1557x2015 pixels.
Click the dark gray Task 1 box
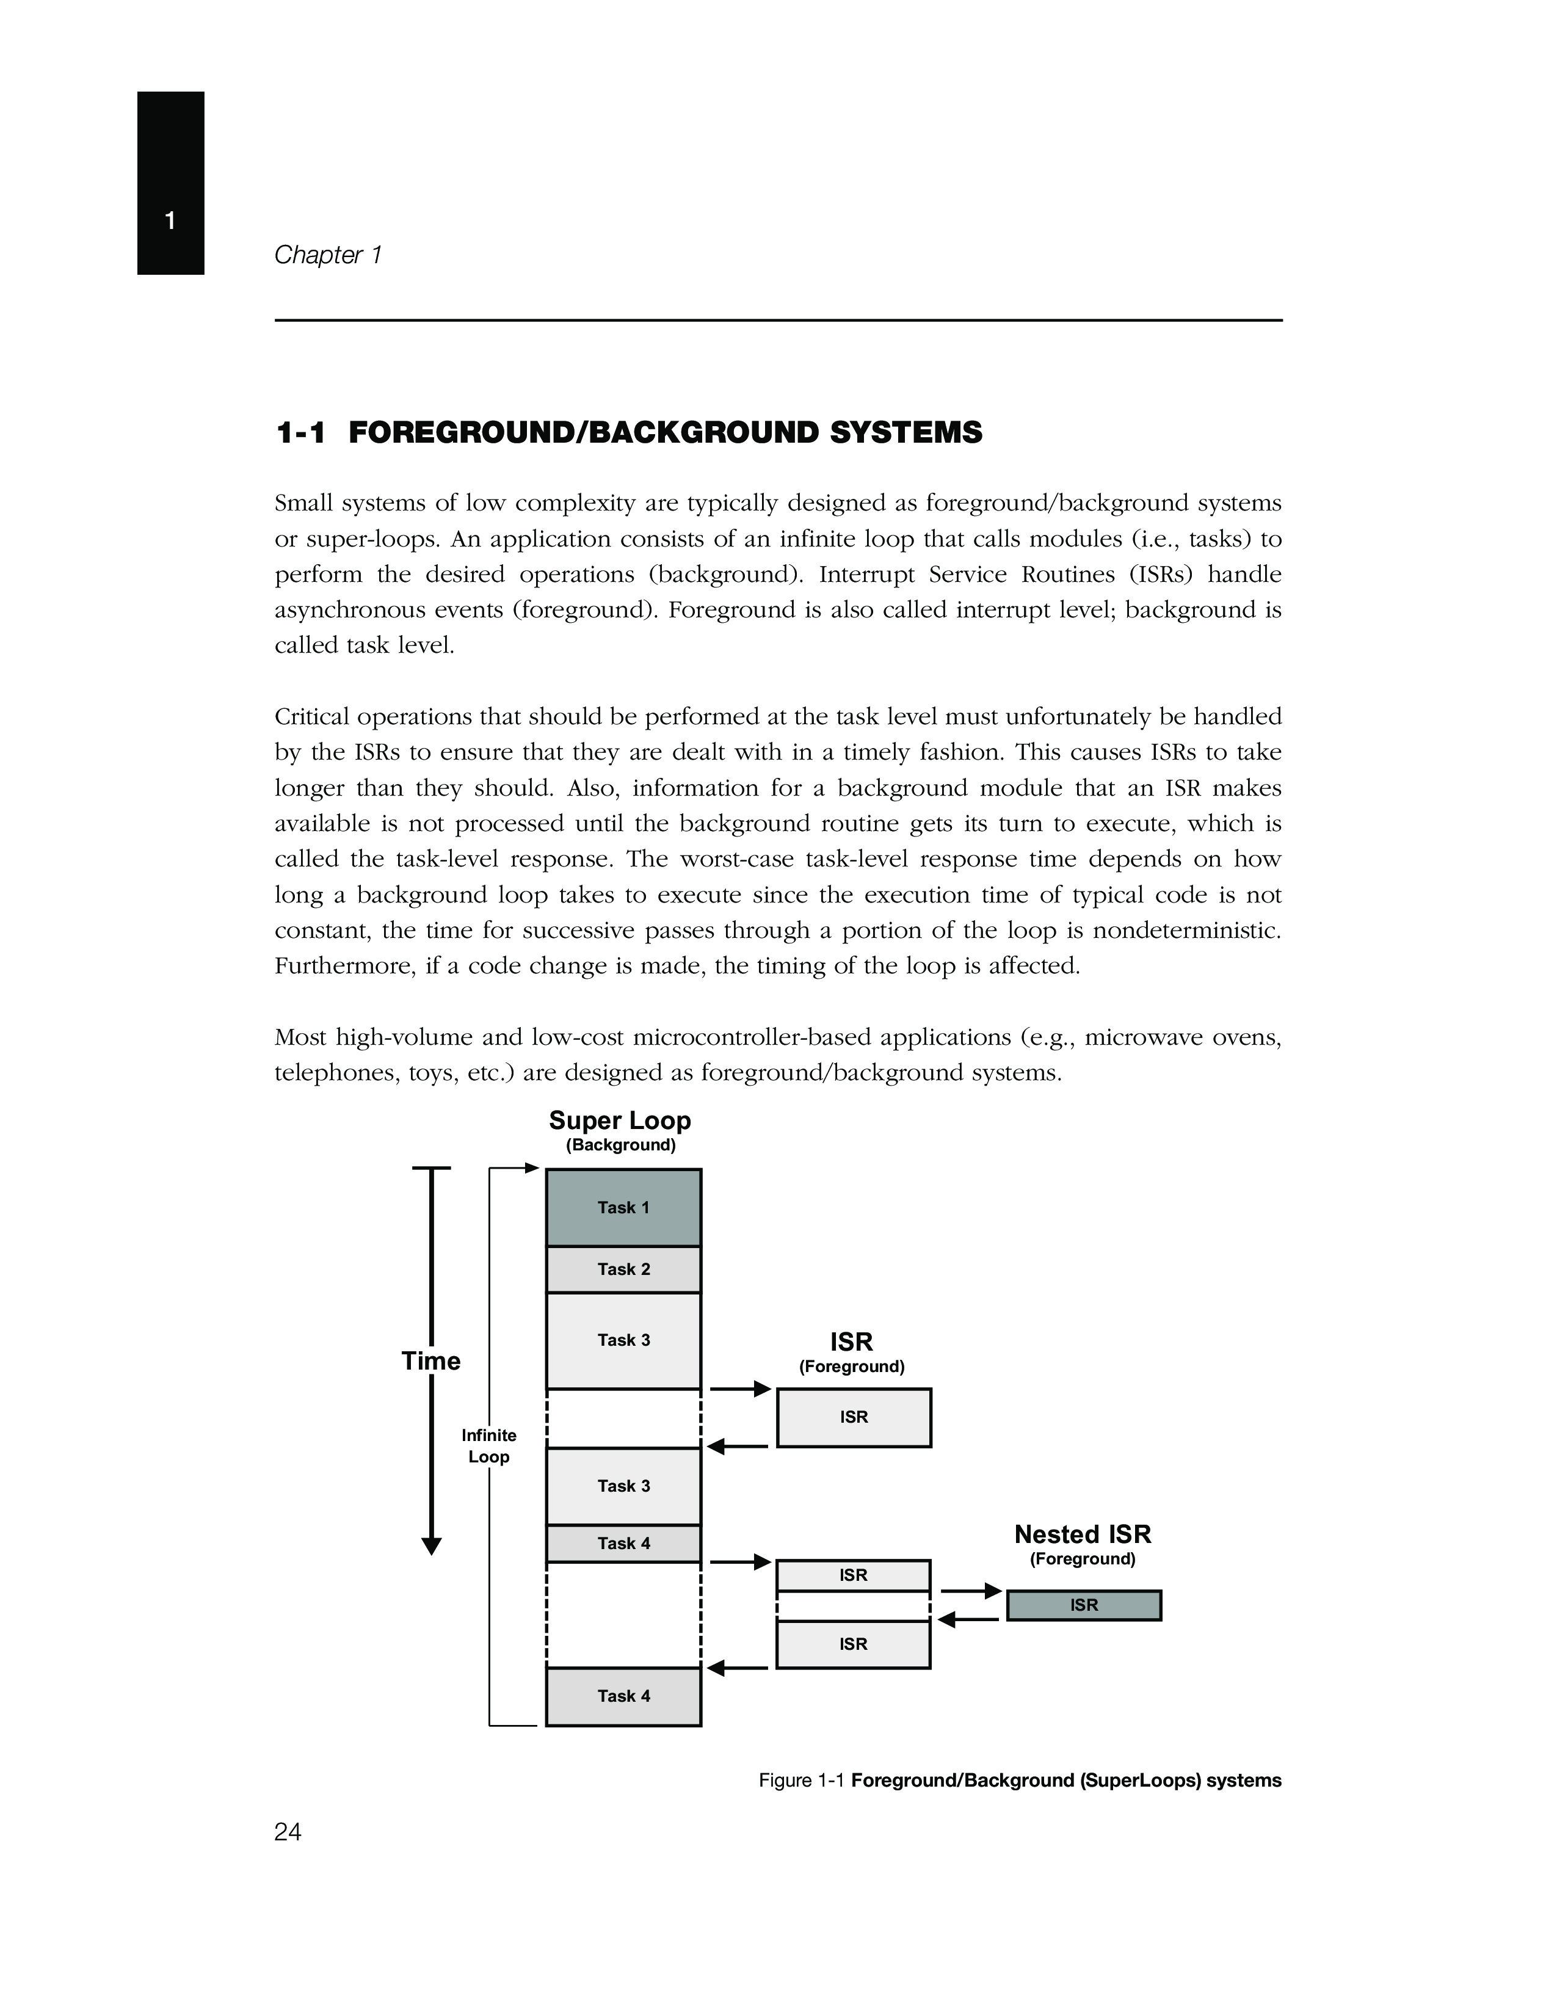pyautogui.click(x=623, y=1208)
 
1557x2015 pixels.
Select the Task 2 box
pyautogui.click(x=623, y=1269)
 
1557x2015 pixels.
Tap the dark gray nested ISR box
pyautogui.click(x=1084, y=1605)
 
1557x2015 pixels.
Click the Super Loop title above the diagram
pyautogui.click(x=620, y=1121)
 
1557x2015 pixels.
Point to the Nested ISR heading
pyautogui.click(x=1083, y=1534)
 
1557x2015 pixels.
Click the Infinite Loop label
pyautogui.click(x=489, y=1446)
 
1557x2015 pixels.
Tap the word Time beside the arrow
pyautogui.click(x=430, y=1361)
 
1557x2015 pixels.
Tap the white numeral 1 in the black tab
pyautogui.click(x=170, y=220)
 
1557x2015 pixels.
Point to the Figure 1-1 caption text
pyautogui.click(x=1019, y=1780)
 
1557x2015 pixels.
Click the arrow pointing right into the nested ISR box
pyautogui.click(x=971, y=1591)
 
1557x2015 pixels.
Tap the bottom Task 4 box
pyautogui.click(x=623, y=1696)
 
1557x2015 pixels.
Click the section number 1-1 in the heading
pyautogui.click(x=300, y=433)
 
